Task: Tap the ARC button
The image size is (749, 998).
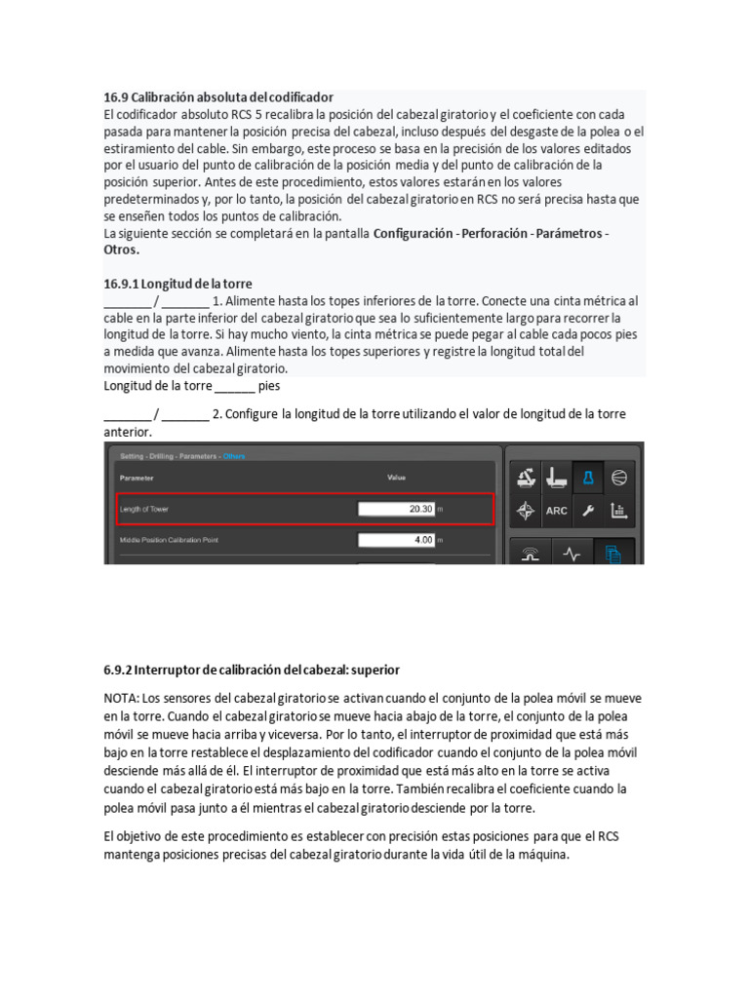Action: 557,510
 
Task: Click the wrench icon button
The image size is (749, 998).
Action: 587,510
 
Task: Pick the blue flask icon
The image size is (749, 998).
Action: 588,477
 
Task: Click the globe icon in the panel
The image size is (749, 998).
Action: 618,477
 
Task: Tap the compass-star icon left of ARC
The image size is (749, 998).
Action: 526,510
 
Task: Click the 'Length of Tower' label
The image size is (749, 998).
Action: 150,509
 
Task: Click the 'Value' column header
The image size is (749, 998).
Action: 397,478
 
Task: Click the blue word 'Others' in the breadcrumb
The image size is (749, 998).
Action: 234,455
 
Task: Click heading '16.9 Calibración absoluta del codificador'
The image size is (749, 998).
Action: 218,97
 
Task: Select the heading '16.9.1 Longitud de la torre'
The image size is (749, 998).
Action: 177,284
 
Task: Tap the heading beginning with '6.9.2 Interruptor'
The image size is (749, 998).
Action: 252,671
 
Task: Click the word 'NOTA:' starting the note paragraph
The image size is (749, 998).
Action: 122,700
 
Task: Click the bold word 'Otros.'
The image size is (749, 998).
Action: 122,249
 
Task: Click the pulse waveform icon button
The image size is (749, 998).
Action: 572,554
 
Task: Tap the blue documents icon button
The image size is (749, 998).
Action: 612,554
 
